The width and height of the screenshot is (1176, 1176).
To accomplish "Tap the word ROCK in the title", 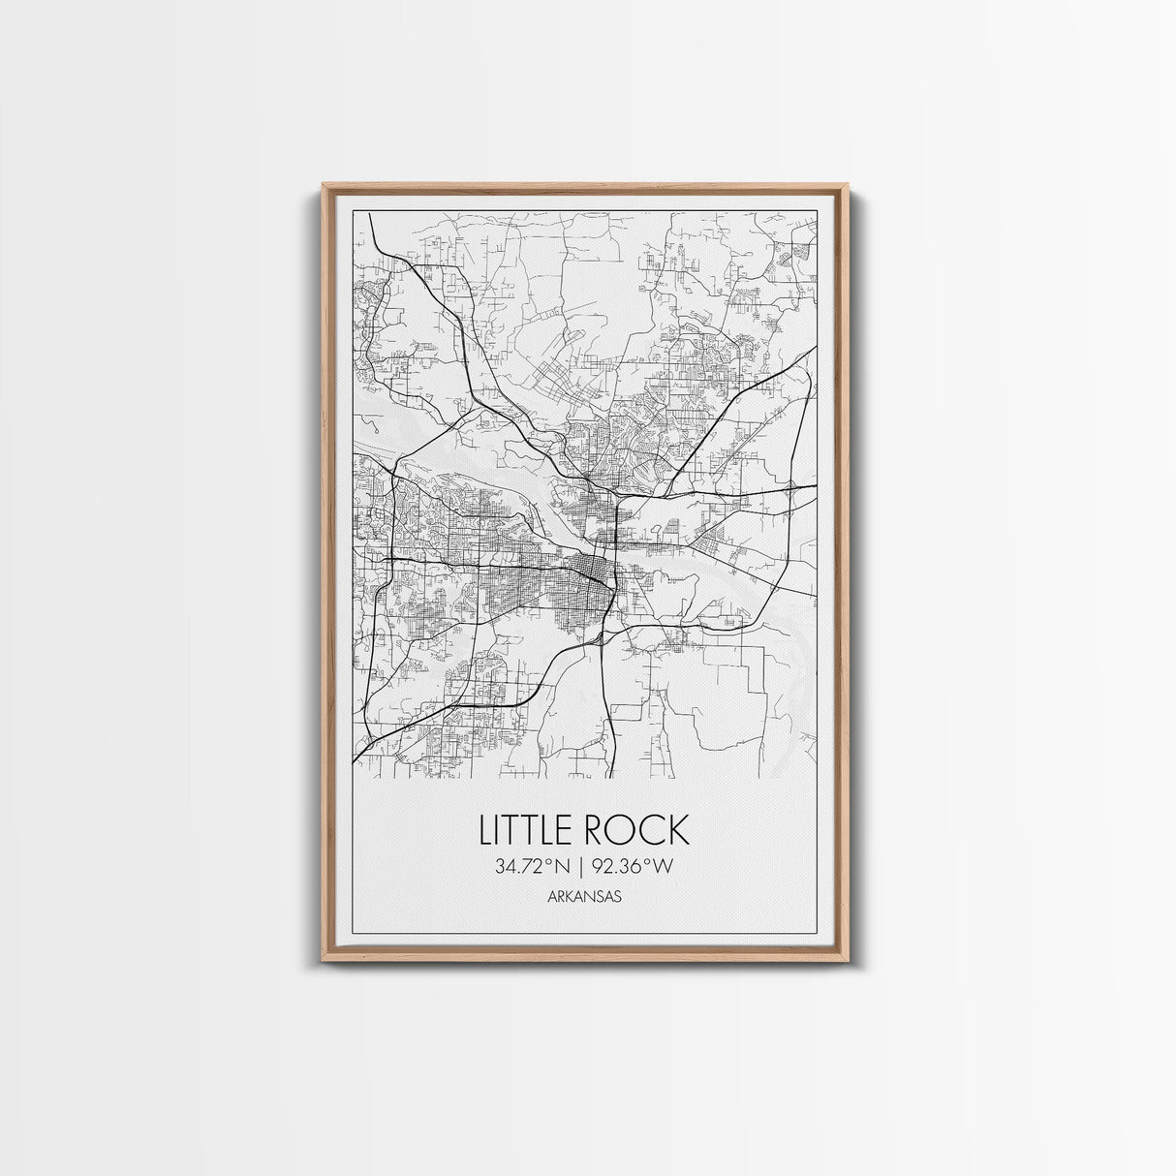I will coord(641,830).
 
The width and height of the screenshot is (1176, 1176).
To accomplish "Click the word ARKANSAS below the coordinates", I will coord(584,897).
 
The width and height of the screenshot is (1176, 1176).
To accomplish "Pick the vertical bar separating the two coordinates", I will coord(584,868).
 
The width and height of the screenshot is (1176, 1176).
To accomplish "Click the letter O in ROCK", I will coord(624,830).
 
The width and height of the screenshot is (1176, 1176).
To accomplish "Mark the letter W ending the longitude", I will coord(663,868).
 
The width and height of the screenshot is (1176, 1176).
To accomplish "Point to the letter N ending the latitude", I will coord(564,868).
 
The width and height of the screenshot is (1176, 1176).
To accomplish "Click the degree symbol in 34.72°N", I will coord(551,862).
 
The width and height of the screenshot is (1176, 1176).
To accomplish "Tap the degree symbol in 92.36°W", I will coord(649,862).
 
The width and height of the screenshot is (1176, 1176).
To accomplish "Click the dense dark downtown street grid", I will coord(589,568).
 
